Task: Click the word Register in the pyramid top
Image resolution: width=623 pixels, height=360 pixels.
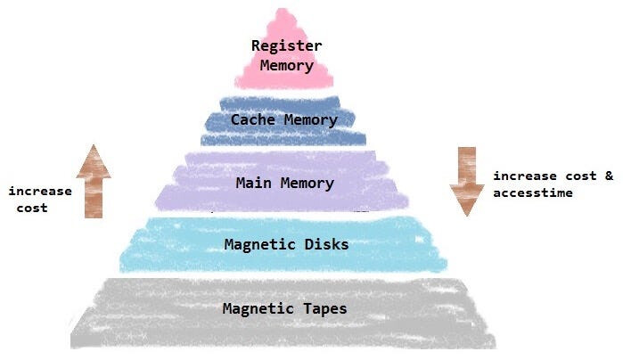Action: [286, 46]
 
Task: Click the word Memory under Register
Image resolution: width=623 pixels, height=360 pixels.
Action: [286, 64]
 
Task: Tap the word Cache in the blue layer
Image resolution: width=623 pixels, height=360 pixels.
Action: [250, 119]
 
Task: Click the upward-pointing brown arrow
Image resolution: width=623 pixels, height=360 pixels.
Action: [94, 183]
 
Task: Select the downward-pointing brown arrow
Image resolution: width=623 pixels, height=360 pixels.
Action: [465, 183]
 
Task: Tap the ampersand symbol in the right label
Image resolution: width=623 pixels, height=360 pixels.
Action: [609, 176]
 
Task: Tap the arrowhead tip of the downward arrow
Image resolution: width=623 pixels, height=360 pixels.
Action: [465, 215]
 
